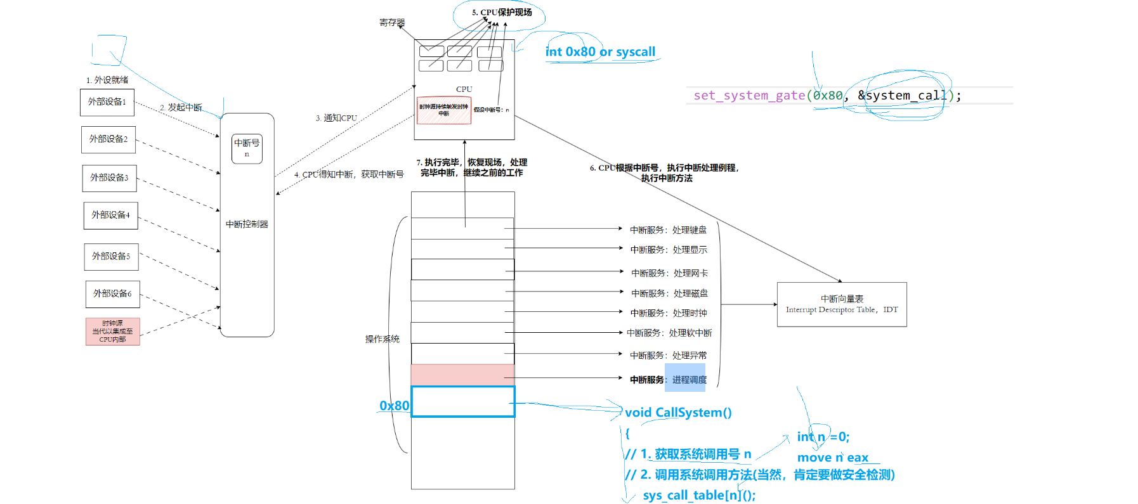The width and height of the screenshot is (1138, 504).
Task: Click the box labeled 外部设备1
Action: click(107, 102)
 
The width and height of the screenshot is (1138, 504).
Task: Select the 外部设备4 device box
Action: click(110, 216)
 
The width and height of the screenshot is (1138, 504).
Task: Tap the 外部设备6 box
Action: click(112, 294)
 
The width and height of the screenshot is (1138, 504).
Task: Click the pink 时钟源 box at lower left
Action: click(112, 332)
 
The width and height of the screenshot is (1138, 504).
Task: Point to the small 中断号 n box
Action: click(247, 148)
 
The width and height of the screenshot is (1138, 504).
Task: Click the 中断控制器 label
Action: click(247, 224)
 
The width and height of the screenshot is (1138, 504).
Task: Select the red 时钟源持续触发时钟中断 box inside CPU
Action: click(443, 110)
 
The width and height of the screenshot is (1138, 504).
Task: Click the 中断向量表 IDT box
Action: click(842, 304)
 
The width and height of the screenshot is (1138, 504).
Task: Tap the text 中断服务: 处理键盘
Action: click(668, 230)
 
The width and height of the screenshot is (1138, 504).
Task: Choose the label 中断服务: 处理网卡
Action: click(669, 273)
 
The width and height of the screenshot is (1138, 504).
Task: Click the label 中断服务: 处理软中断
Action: click(669, 333)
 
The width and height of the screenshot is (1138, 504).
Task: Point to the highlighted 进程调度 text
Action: click(689, 380)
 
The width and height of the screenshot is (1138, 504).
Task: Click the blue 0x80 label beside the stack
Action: click(394, 406)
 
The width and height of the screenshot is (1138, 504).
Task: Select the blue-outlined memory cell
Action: click(462, 402)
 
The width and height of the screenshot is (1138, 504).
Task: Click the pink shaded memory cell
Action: click(462, 375)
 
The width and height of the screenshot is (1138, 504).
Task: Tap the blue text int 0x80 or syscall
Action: click(600, 52)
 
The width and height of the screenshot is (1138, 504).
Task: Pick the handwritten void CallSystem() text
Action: click(678, 413)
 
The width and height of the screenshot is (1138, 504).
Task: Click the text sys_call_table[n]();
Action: click(699, 495)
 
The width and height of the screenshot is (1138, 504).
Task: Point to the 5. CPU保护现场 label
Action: click(502, 13)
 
